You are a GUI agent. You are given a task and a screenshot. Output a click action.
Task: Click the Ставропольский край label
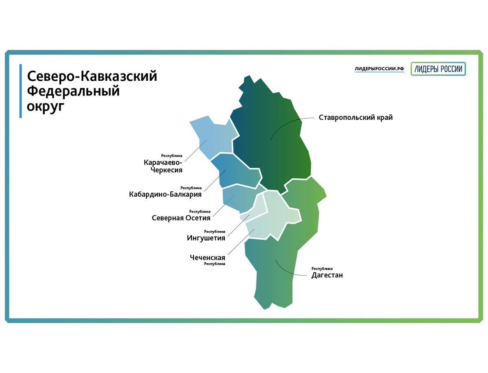click(355, 117)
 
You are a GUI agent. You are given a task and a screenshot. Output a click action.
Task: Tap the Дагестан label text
click(327, 275)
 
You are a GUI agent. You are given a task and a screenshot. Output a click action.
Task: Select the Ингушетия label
click(206, 238)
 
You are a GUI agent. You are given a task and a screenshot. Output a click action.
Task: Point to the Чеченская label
click(207, 258)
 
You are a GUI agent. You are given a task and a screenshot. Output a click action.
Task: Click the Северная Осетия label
click(181, 218)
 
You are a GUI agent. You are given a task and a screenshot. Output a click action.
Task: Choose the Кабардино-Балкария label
click(165, 194)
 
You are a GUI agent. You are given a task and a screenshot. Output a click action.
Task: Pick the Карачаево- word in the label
click(163, 163)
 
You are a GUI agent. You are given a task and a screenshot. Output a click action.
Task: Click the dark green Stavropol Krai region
click(271, 138)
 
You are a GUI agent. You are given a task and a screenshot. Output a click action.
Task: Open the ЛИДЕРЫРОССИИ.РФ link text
click(379, 69)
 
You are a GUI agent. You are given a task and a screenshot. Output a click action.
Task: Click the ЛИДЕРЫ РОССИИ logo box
click(438, 69)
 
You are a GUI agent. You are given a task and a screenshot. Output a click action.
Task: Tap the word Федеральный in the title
click(73, 91)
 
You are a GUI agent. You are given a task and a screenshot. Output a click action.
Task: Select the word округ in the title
click(46, 106)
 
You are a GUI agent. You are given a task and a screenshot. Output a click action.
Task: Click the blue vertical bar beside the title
click(21, 91)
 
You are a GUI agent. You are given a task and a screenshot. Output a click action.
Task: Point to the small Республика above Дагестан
click(322, 269)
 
